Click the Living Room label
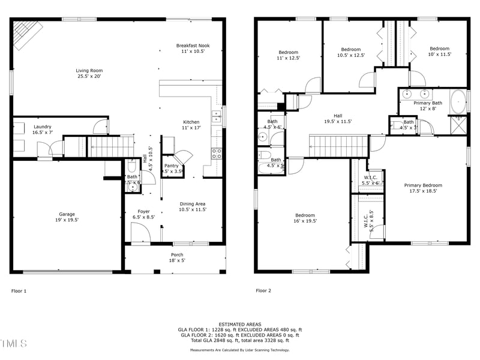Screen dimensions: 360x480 coord(89,73)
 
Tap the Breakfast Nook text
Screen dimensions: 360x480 coord(193,49)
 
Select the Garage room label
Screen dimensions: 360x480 coord(67,217)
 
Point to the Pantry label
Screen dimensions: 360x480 coord(171,169)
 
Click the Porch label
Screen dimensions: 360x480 coord(177,257)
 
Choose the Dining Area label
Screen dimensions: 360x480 coord(193,207)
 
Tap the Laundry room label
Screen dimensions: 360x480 coord(42,130)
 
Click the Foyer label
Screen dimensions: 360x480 coord(143,214)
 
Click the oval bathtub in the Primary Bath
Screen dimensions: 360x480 coord(458,102)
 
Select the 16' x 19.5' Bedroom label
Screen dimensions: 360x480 coord(304,218)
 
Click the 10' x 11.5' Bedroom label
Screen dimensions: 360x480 coord(439,52)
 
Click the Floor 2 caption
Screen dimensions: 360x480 coord(263,290)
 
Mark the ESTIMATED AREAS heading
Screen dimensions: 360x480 coord(239,324)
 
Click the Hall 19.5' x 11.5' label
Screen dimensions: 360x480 coord(338,118)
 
